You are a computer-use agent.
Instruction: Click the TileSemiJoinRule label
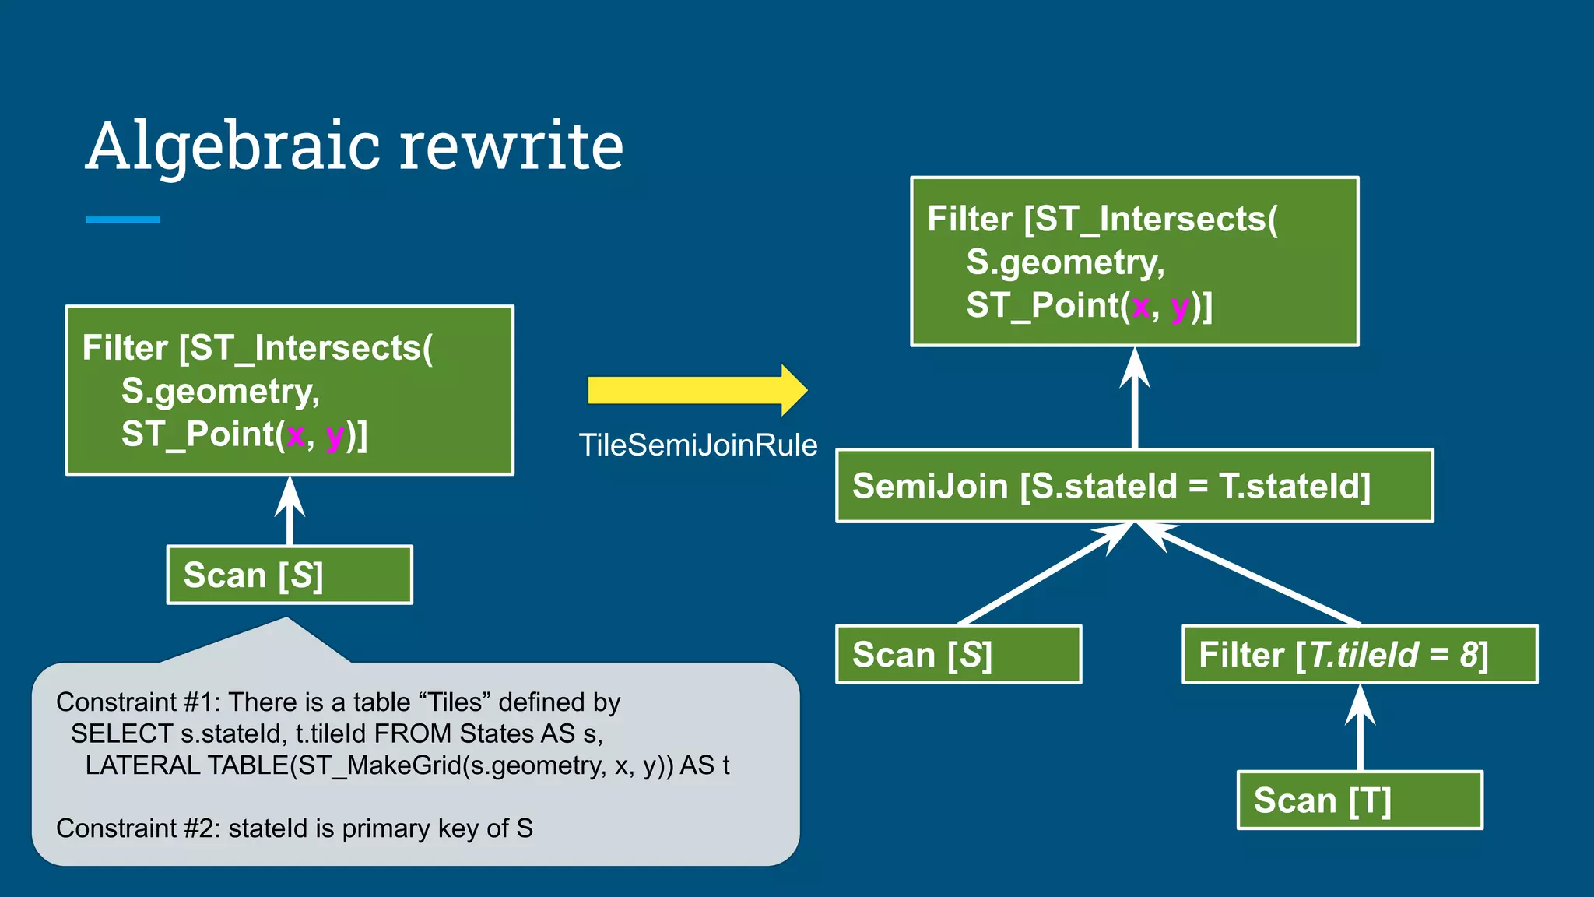[698, 445]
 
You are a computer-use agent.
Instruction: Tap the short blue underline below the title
[122, 220]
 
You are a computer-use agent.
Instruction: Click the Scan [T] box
[1359, 800]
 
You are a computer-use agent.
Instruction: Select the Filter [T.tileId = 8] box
[1359, 654]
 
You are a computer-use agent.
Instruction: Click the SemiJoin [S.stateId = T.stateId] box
[1133, 486]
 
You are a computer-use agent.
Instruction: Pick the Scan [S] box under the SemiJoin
[958, 654]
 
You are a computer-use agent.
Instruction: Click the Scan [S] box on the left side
[290, 575]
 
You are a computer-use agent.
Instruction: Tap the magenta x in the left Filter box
[296, 436]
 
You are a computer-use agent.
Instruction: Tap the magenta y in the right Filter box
[1179, 307]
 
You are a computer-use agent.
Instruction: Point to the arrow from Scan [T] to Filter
[1360, 728]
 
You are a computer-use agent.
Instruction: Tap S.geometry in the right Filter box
[1065, 262]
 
